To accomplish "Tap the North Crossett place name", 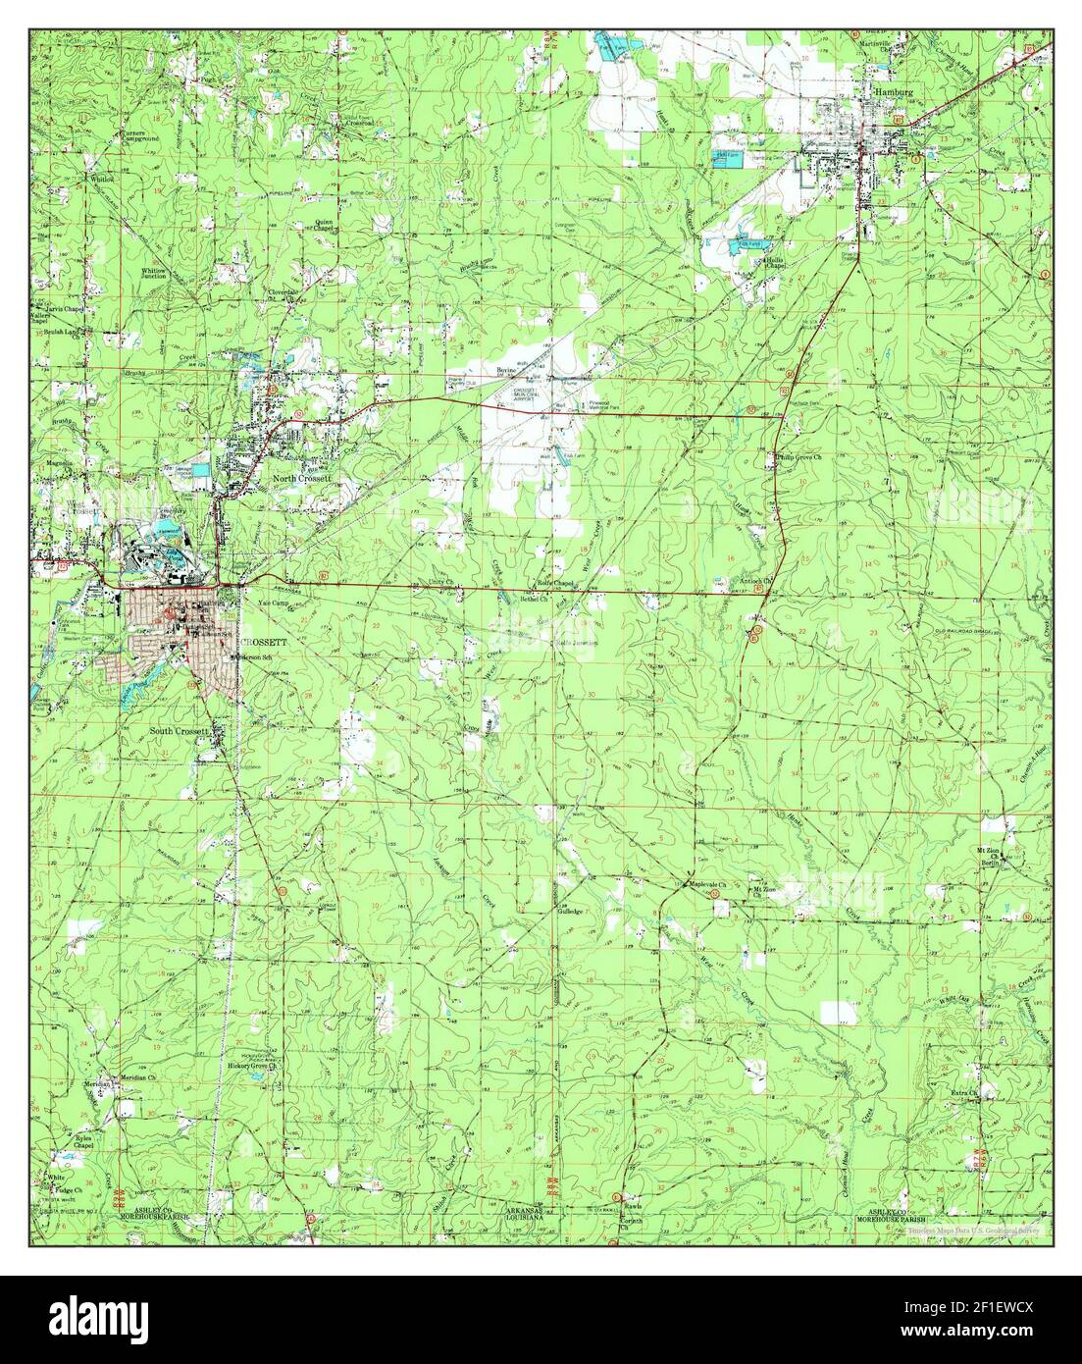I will (x=303, y=478).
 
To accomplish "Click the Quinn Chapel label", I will (x=324, y=225).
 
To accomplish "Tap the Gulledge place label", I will (x=571, y=912).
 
